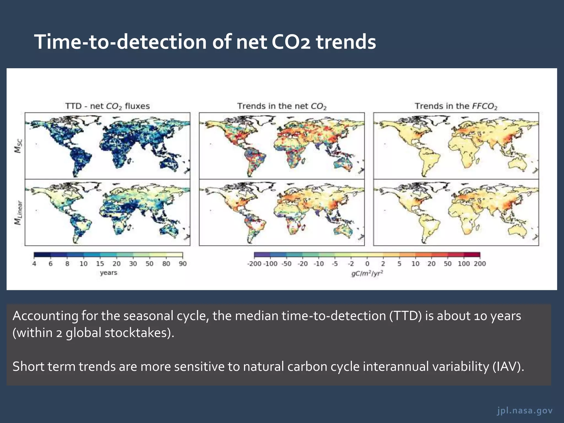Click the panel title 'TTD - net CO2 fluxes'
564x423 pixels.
107,106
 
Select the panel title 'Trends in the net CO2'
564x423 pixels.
282,106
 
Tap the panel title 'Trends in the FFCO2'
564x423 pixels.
456,106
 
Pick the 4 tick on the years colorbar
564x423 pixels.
34,264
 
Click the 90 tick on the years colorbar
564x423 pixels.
183,264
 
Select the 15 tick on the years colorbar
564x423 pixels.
100,264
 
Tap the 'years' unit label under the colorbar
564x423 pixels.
109,273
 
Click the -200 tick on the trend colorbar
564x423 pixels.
254,264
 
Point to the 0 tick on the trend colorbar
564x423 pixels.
367,264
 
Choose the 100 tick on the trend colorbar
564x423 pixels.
464,264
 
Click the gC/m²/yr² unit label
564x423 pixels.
367,273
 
